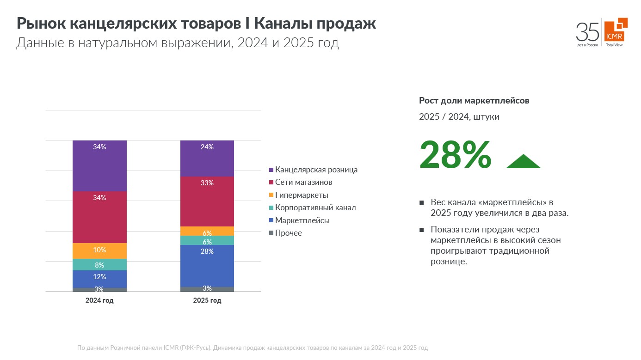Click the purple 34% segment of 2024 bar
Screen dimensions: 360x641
coord(99,165)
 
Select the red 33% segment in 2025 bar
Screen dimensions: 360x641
coord(207,201)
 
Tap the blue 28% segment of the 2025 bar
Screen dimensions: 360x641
coord(207,266)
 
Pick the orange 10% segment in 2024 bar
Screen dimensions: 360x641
coord(99,250)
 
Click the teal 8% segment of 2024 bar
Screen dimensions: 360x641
coord(99,265)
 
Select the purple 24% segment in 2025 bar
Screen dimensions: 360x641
coord(207,158)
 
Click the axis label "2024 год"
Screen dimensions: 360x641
coord(99,300)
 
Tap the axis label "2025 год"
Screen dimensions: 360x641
coord(207,300)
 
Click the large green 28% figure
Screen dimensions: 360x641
coord(455,155)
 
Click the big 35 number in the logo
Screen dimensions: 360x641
coord(587,32)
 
